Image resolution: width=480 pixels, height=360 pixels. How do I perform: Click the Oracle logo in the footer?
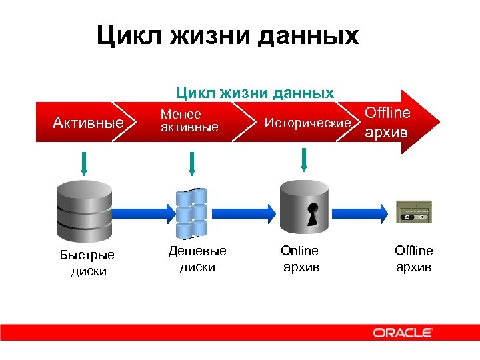[x=402, y=332]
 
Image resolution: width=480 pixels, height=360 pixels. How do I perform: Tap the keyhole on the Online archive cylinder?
[x=310, y=211]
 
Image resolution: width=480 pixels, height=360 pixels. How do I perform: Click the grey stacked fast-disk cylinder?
[x=83, y=210]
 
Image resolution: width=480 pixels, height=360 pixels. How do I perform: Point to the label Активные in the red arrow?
[x=89, y=123]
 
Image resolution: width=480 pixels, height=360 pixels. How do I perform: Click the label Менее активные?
[x=189, y=121]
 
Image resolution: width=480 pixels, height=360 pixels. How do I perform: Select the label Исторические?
[x=307, y=123]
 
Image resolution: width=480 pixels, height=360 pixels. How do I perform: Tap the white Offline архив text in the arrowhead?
[x=387, y=122]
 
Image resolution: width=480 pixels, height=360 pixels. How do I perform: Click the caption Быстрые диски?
[x=87, y=263]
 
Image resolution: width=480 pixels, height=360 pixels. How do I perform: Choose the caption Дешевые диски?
[x=197, y=259]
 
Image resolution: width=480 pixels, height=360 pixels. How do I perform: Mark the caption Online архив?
[x=301, y=259]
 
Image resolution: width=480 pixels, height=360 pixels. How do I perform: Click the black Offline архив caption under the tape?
[x=413, y=259]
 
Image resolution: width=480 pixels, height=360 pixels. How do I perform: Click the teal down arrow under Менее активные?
[x=192, y=163]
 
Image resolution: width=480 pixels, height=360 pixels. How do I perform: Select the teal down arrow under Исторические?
[x=304, y=158]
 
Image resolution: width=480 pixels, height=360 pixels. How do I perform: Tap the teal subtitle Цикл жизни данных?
[x=254, y=93]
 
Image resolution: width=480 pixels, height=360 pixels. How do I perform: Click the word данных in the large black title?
[x=311, y=35]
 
